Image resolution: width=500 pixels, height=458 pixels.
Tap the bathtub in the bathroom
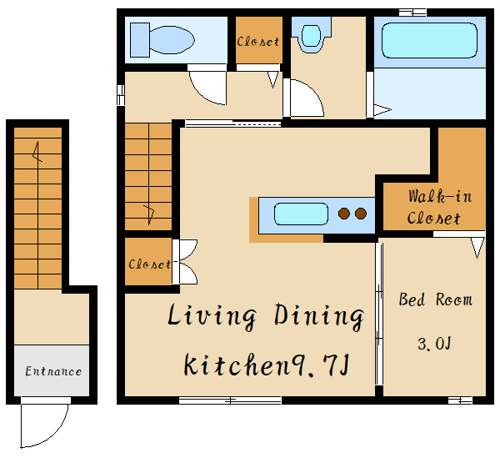coord(429,40)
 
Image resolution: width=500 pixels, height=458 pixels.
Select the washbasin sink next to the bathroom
coord(311,35)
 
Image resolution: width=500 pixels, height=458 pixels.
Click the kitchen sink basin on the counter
coord(301,214)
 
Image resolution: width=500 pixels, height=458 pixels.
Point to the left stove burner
coord(343,214)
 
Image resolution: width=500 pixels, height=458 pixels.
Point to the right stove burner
coord(361,214)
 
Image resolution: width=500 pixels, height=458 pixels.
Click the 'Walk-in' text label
coord(440,196)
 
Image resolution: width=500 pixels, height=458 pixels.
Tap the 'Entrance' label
coord(53,371)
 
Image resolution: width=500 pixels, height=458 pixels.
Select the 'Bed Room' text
coord(436,299)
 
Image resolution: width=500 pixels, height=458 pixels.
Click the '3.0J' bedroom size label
coord(434,344)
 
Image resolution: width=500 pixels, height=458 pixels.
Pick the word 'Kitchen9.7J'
coord(267,365)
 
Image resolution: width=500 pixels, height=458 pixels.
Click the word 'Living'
coord(212,315)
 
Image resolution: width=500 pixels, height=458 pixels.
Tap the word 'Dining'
coord(319,315)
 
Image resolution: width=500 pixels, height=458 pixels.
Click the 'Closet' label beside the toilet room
coord(258,42)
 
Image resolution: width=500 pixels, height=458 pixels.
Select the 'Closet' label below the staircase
coord(149,264)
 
